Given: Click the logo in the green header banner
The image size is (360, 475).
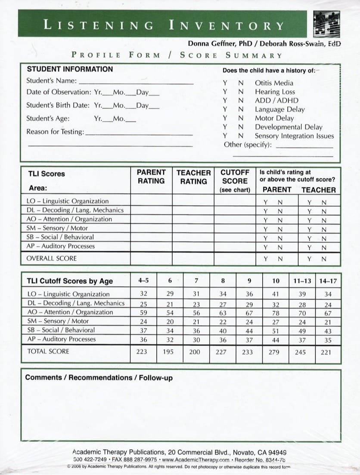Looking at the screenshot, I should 327,23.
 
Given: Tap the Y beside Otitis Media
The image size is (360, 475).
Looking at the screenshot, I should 225,83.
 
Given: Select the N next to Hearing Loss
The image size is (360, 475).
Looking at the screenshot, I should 241,92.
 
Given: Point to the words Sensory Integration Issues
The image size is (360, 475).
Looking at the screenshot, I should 294,136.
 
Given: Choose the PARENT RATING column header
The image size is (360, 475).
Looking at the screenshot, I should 151,177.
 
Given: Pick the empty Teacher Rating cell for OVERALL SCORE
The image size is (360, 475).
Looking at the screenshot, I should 193,259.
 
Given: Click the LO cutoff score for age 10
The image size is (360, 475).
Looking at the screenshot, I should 276,294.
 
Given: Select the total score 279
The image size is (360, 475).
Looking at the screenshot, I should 276,352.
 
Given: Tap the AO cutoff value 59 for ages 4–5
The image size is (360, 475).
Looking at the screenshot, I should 143,312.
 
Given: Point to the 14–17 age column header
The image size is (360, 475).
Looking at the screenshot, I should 328,281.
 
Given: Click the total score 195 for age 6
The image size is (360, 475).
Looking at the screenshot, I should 170,352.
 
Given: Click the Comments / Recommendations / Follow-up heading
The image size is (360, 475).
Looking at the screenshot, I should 79,377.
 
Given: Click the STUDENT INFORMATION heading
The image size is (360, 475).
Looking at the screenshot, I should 70,69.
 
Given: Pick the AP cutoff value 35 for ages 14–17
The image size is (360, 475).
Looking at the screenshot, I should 328,339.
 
